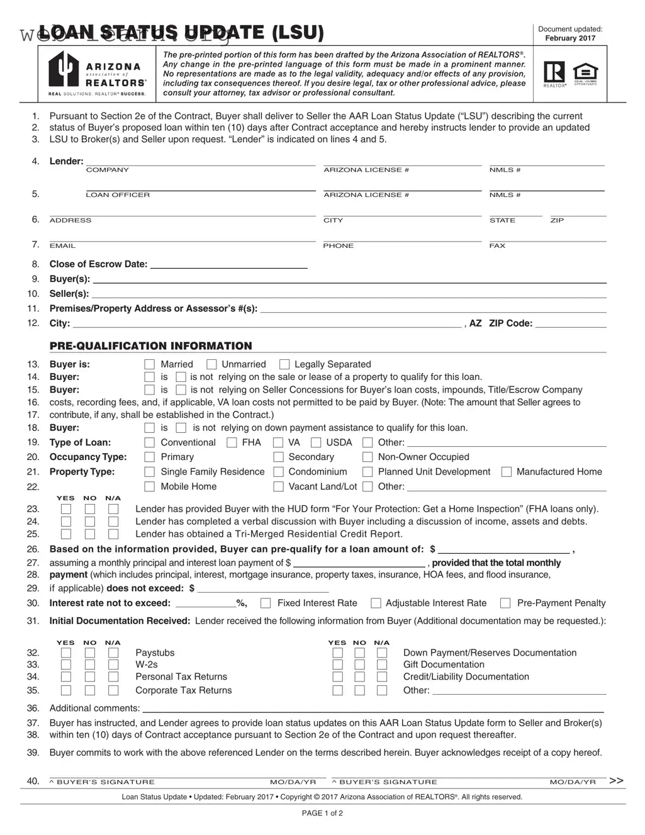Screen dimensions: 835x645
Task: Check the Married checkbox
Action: point(149,364)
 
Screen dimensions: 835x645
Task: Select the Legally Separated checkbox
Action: point(284,364)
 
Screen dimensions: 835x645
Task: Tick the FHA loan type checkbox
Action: point(232,443)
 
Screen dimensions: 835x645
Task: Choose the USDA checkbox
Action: point(316,443)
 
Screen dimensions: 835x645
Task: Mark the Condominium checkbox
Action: point(278,472)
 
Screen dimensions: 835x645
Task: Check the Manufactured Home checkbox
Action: point(506,472)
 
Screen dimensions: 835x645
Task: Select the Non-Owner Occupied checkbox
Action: point(367,457)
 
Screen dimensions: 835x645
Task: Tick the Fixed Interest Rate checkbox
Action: point(266,603)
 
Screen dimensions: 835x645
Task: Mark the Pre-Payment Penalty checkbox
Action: point(505,603)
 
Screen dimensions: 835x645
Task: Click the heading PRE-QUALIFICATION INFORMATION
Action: point(150,346)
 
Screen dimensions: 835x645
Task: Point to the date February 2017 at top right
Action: point(569,38)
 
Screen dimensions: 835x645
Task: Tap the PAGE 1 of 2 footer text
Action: point(322,813)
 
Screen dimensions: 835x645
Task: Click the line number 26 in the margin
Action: point(33,549)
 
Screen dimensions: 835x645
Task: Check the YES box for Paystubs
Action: point(66,653)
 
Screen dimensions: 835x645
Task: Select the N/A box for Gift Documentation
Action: point(382,665)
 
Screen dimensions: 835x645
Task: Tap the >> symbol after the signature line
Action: point(616,781)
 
